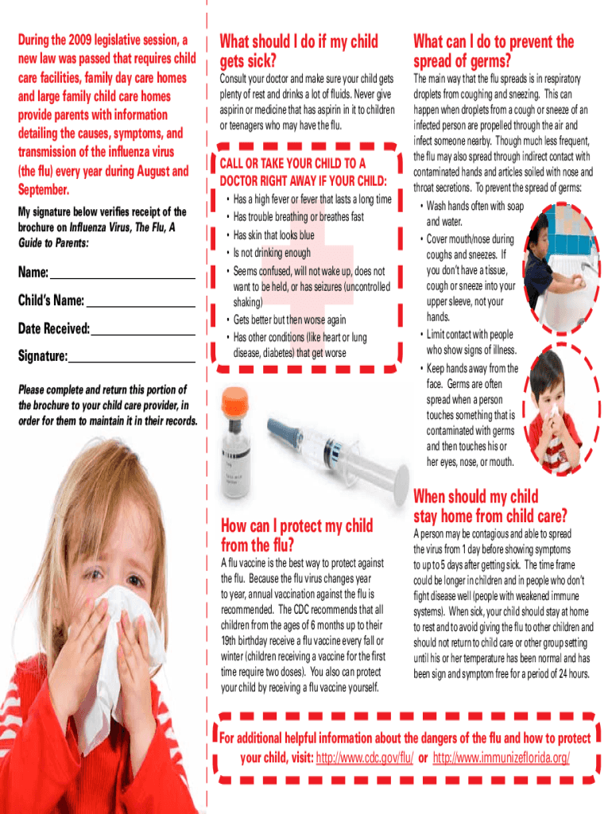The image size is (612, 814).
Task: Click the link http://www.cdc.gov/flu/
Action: pyautogui.click(x=365, y=758)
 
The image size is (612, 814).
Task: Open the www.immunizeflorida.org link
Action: pyautogui.click(x=501, y=758)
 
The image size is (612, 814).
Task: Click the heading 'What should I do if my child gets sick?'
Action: pyautogui.click(x=298, y=51)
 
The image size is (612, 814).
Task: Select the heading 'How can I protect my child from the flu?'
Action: pyautogui.click(x=296, y=535)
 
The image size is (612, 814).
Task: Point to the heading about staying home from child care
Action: pyautogui.click(x=490, y=506)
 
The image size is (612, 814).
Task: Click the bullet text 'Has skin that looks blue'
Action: pyautogui.click(x=273, y=235)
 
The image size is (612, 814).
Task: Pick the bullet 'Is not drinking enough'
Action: pyautogui.click(x=272, y=254)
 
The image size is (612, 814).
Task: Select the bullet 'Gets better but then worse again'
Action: pyautogui.click(x=289, y=320)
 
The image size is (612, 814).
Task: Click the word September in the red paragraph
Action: pyautogui.click(x=43, y=191)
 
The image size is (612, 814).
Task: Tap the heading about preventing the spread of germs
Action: pyautogui.click(x=493, y=51)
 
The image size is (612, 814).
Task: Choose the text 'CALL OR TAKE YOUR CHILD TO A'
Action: pyautogui.click(x=292, y=164)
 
